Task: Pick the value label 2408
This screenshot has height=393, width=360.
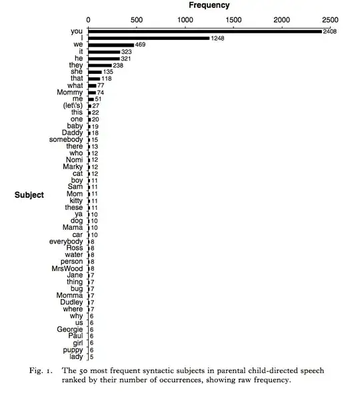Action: [x=331, y=31]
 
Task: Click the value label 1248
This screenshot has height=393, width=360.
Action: [x=219, y=38]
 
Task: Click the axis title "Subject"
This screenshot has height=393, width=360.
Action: [x=29, y=195]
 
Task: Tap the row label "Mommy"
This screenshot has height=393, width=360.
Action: [x=70, y=92]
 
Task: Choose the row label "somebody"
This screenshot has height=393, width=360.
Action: [x=66, y=139]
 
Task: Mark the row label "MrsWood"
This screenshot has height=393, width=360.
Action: [x=68, y=268]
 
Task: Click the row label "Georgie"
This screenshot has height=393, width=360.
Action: [x=69, y=329]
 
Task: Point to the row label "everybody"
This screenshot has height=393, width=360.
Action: [x=66, y=241]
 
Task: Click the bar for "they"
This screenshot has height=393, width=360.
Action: [x=99, y=65]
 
